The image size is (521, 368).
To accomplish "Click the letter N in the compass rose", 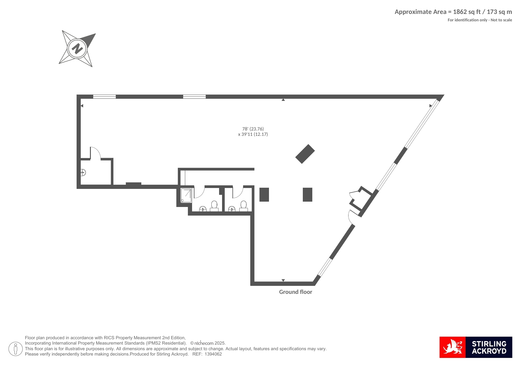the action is pyautogui.click(x=77, y=48).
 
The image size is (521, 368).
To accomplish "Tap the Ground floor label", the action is pyautogui.click(x=295, y=292).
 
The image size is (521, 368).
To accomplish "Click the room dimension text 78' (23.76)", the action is pyautogui.click(x=253, y=129).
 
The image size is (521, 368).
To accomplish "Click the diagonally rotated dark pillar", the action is pyautogui.click(x=305, y=154).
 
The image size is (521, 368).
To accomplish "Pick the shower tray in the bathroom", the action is pyautogui.click(x=186, y=195).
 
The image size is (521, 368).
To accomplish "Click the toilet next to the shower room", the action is pyautogui.click(x=214, y=206).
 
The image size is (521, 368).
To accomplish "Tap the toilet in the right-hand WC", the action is pyautogui.click(x=243, y=206).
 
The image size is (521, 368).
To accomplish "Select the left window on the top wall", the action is pyautogui.click(x=104, y=97).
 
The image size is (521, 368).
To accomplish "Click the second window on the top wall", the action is pyautogui.click(x=194, y=97).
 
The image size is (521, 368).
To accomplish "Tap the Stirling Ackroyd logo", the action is pyautogui.click(x=476, y=347).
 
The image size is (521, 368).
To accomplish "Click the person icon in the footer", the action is pyautogui.click(x=15, y=349).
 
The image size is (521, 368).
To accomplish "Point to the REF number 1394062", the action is pyautogui.click(x=213, y=354).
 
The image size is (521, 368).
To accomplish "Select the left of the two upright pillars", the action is pyautogui.click(x=264, y=195).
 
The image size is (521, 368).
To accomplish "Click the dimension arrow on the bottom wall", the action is pyautogui.click(x=283, y=280).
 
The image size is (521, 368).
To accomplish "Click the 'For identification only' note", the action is pyautogui.click(x=480, y=20).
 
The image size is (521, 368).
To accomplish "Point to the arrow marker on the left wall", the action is pyautogui.click(x=82, y=106).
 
